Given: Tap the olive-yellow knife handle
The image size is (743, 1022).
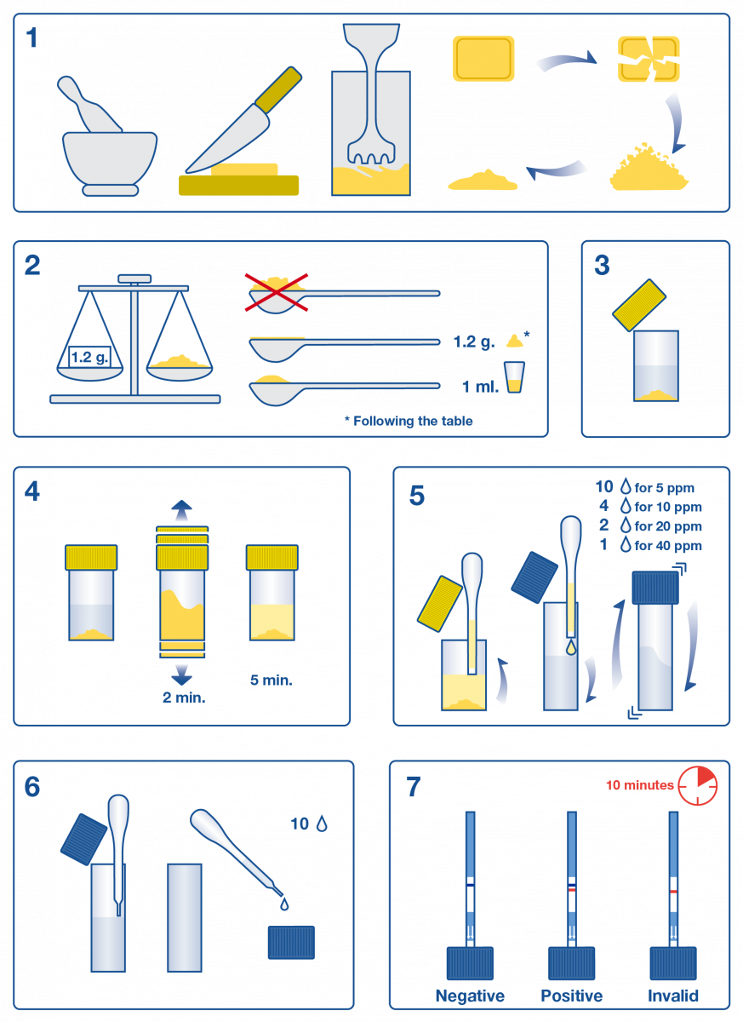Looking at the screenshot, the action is (278, 90).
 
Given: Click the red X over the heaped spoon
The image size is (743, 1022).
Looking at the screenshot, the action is (277, 293).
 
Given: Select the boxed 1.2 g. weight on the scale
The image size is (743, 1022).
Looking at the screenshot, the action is (90, 357).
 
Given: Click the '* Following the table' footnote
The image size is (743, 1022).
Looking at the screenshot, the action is (409, 421).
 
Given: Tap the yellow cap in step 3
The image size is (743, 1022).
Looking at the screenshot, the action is (639, 305).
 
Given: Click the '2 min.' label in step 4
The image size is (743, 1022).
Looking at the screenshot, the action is (184, 698).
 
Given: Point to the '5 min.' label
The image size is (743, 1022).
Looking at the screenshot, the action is (271, 680).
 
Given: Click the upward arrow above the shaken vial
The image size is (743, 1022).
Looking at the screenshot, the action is (181, 510).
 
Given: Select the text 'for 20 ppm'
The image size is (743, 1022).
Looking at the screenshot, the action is (668, 526).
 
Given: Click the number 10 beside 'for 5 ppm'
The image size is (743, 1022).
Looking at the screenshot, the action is (604, 487).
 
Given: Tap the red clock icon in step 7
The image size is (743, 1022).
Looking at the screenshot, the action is (697, 785).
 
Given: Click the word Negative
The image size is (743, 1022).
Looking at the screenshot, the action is (470, 996).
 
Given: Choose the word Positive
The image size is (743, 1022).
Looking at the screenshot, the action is (572, 996).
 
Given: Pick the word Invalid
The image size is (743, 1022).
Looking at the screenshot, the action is (673, 996).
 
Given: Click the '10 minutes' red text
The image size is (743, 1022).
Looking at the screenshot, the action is (639, 784).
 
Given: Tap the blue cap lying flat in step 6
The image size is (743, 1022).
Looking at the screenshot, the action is (291, 942).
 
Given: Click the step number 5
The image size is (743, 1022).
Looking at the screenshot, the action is (417, 496).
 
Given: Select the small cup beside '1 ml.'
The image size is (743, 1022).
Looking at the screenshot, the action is (514, 377).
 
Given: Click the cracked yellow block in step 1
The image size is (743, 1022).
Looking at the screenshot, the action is (649, 60).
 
